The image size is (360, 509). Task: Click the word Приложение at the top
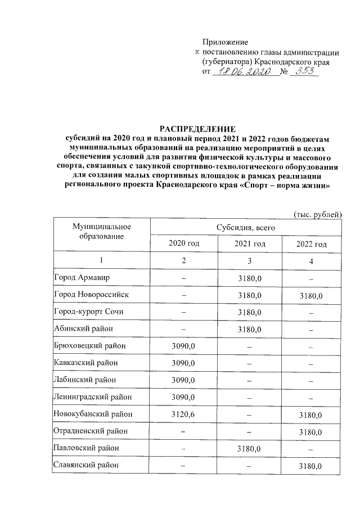click(225, 42)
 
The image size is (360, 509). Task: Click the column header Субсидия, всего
click(246, 227)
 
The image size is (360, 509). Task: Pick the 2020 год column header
click(184, 244)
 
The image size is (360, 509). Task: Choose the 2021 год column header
click(250, 244)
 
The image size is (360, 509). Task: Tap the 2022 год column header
click(311, 244)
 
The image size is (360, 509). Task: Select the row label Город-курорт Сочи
click(92, 312)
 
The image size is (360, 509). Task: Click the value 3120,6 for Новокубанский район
click(183, 414)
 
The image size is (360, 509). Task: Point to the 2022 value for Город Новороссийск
click(310, 295)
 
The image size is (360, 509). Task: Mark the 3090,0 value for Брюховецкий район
click(183, 345)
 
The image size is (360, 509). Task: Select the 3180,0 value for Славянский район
click(310, 466)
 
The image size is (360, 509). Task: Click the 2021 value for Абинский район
click(250, 329)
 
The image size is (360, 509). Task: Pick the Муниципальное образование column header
click(101, 232)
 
